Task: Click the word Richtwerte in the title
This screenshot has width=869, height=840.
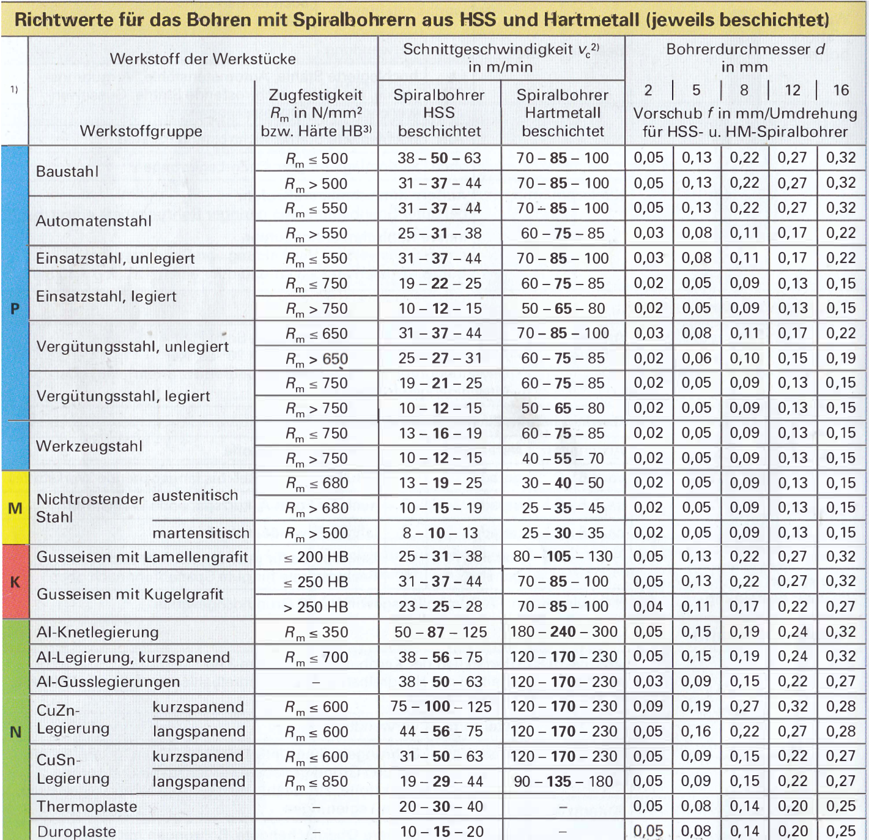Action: click(x=55, y=20)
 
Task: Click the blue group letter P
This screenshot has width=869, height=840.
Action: click(x=15, y=308)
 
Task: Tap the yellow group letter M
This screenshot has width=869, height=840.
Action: click(x=15, y=508)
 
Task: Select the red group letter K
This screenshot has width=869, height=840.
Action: click(x=15, y=582)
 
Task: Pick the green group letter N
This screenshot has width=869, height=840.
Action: click(x=15, y=732)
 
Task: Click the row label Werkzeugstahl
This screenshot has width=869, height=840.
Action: click(x=89, y=446)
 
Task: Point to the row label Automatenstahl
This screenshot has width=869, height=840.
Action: click(x=94, y=221)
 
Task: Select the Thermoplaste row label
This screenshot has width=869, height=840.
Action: click(x=87, y=806)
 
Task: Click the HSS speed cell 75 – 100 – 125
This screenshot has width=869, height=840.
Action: click(x=440, y=707)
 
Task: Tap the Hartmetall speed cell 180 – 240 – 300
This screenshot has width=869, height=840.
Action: click(x=563, y=631)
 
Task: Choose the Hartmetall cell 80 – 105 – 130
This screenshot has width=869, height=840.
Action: click(x=563, y=557)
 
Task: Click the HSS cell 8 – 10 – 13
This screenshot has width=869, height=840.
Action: click(x=440, y=533)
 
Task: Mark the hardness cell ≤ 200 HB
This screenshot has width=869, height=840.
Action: click(x=316, y=557)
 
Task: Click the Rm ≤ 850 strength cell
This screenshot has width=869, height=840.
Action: click(x=316, y=782)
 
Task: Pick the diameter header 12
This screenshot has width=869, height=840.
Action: click(x=793, y=91)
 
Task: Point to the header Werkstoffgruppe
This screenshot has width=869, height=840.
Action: click(x=141, y=131)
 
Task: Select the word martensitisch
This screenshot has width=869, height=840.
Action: click(x=201, y=533)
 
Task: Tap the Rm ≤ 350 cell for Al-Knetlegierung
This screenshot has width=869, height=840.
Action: click(x=316, y=632)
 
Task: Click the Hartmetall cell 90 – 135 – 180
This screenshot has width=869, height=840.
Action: click(x=563, y=782)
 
